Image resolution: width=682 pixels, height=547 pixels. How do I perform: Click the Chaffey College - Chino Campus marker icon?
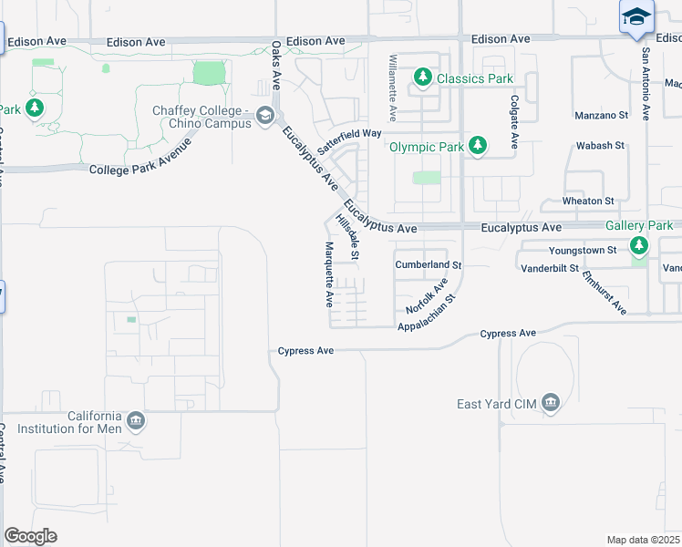coord(265,115)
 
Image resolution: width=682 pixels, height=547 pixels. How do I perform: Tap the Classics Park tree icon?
coord(423,78)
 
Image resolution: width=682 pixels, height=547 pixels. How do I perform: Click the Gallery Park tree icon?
coord(639,245)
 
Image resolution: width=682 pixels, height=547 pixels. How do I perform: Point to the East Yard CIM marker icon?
coord(550,403)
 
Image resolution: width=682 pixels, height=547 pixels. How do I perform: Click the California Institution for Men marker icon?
coord(135,420)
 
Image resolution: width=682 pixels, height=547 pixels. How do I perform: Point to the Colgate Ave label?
coord(514,123)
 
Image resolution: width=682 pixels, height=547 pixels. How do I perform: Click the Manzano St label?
coord(602,116)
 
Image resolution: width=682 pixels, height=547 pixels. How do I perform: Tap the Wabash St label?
coord(599,145)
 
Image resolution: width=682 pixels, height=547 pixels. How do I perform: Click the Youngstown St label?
coord(583,250)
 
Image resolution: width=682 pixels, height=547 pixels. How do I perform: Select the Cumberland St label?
coord(429,264)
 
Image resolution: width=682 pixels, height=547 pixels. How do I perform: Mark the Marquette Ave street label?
coord(329,273)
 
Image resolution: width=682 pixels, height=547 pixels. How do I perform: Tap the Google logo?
coord(30,536)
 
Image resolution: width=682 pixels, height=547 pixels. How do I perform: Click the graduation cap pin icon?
coord(636,17)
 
